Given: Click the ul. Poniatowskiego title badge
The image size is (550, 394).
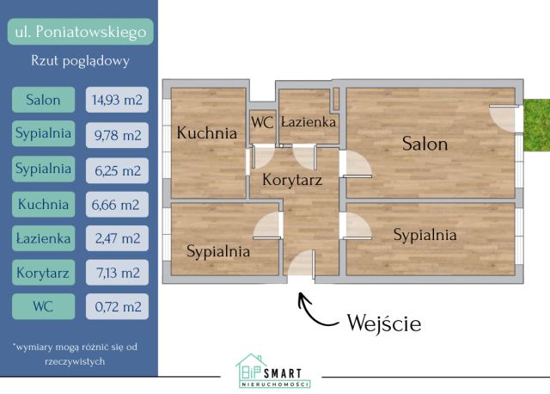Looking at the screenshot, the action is click(80, 32).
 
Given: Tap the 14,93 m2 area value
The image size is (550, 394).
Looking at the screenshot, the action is click(117, 100).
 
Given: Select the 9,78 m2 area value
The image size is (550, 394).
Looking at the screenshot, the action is click(117, 135).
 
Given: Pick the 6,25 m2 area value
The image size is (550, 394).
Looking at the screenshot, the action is click(117, 170).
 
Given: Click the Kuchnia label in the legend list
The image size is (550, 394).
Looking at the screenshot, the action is click(44, 204).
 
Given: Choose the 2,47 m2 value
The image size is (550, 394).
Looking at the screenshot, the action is click(117, 238).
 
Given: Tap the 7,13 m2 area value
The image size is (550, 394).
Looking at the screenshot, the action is click(117, 273).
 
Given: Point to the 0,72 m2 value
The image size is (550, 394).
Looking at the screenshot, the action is click(117, 306).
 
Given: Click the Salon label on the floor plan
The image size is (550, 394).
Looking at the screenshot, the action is click(425, 144).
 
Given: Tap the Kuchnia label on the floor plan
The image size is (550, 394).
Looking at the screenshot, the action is click(207, 132).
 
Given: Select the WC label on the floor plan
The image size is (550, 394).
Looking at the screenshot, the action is click(262, 122).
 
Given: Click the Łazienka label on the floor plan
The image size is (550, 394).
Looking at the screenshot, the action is click(309, 122).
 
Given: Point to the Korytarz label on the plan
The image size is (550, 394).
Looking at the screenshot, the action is click(292, 180).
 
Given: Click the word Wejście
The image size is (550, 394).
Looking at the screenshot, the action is click(384, 323).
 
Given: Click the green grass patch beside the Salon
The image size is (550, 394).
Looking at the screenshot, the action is click(536, 125).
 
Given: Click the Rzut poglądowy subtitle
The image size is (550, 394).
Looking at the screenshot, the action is click(80, 61).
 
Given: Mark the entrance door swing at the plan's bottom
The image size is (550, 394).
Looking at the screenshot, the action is click(301, 264).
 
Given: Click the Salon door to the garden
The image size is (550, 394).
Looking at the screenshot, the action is click(504, 118).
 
